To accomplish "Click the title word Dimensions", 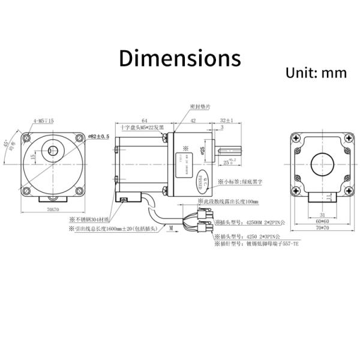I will click(x=179, y=58).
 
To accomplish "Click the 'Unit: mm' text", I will click(x=316, y=73).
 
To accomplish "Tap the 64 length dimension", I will click(x=145, y=121).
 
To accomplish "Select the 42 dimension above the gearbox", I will click(x=193, y=121).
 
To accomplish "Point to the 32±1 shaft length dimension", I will click(x=226, y=121).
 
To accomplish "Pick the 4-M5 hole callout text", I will click(x=44, y=121).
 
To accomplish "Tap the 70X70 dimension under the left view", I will click(x=53, y=210).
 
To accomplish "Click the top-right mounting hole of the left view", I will click(x=79, y=138).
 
